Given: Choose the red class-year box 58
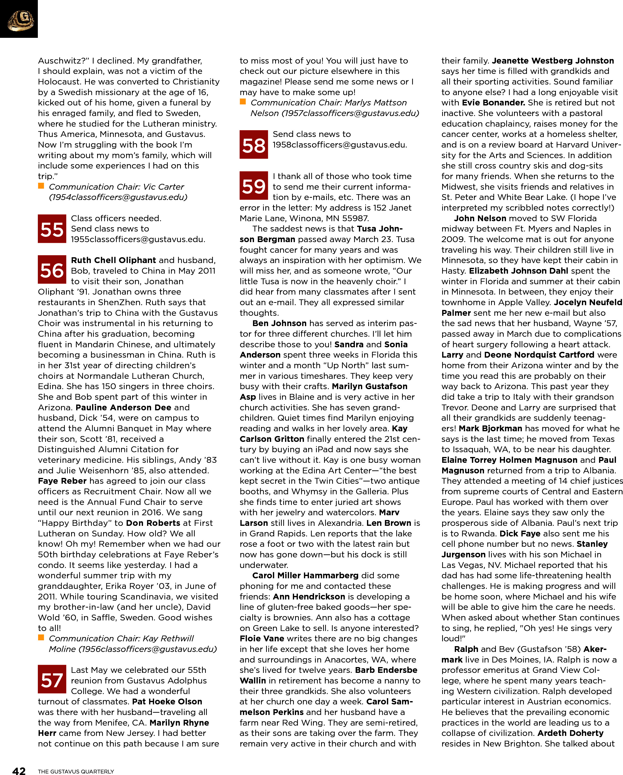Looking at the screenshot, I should pyautogui.click(x=253, y=145).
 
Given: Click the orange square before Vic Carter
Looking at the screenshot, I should pyautogui.click(x=41, y=186).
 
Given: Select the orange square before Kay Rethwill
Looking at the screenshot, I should pyautogui.click(x=41, y=638).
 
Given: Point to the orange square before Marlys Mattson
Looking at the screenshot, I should pyautogui.click(x=243, y=102).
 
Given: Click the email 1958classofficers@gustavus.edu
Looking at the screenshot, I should pyautogui.click(x=339, y=145).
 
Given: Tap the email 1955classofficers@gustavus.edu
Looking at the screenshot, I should pyautogui.click(x=138, y=239).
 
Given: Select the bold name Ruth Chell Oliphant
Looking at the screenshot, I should pyautogui.click(x=113, y=260).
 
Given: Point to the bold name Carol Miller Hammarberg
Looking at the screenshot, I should pyautogui.click(x=305, y=576).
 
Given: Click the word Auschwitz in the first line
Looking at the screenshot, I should pyautogui.click(x=61, y=61).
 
